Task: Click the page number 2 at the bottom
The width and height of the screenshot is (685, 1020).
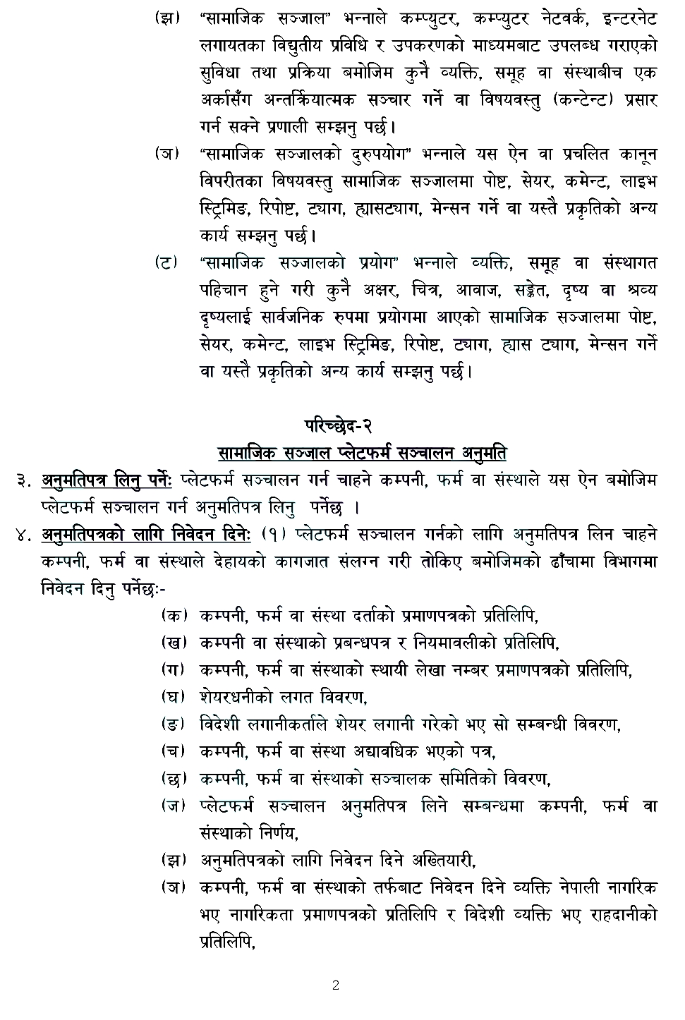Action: tap(336, 985)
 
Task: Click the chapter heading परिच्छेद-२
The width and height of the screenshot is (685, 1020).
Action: tap(338, 425)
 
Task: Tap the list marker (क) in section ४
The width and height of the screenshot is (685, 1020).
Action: tap(173, 616)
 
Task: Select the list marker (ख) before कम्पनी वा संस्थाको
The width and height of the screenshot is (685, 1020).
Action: tap(173, 643)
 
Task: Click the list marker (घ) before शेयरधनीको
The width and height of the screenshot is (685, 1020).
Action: tap(173, 697)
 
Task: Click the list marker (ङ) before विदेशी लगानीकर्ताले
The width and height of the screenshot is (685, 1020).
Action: tap(173, 724)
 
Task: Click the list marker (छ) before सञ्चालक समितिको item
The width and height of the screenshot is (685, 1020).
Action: tap(173, 779)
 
